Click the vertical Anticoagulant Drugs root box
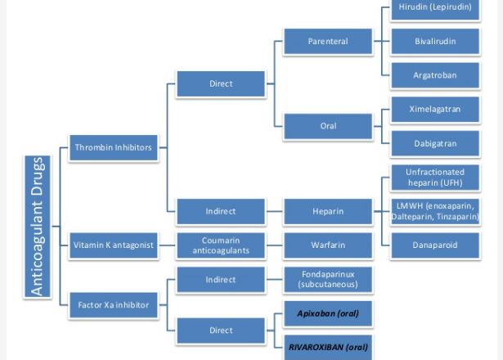(38, 226)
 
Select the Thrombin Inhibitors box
(113, 147)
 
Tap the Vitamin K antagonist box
(113, 245)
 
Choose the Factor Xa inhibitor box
(113, 304)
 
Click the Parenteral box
(328, 41)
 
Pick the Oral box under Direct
(328, 126)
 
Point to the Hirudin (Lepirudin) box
(434, 7)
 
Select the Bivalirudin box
(434, 41)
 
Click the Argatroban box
(434, 75)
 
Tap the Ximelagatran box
(434, 109)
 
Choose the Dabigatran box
(434, 143)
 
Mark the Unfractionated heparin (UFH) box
(434, 177)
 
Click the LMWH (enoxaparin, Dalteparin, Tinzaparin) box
(434, 211)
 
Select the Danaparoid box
(434, 245)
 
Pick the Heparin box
(328, 211)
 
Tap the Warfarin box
(328, 245)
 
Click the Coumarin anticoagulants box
(221, 245)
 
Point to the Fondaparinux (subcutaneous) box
(328, 279)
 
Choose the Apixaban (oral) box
(328, 313)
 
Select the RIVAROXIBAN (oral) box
(328, 346)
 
